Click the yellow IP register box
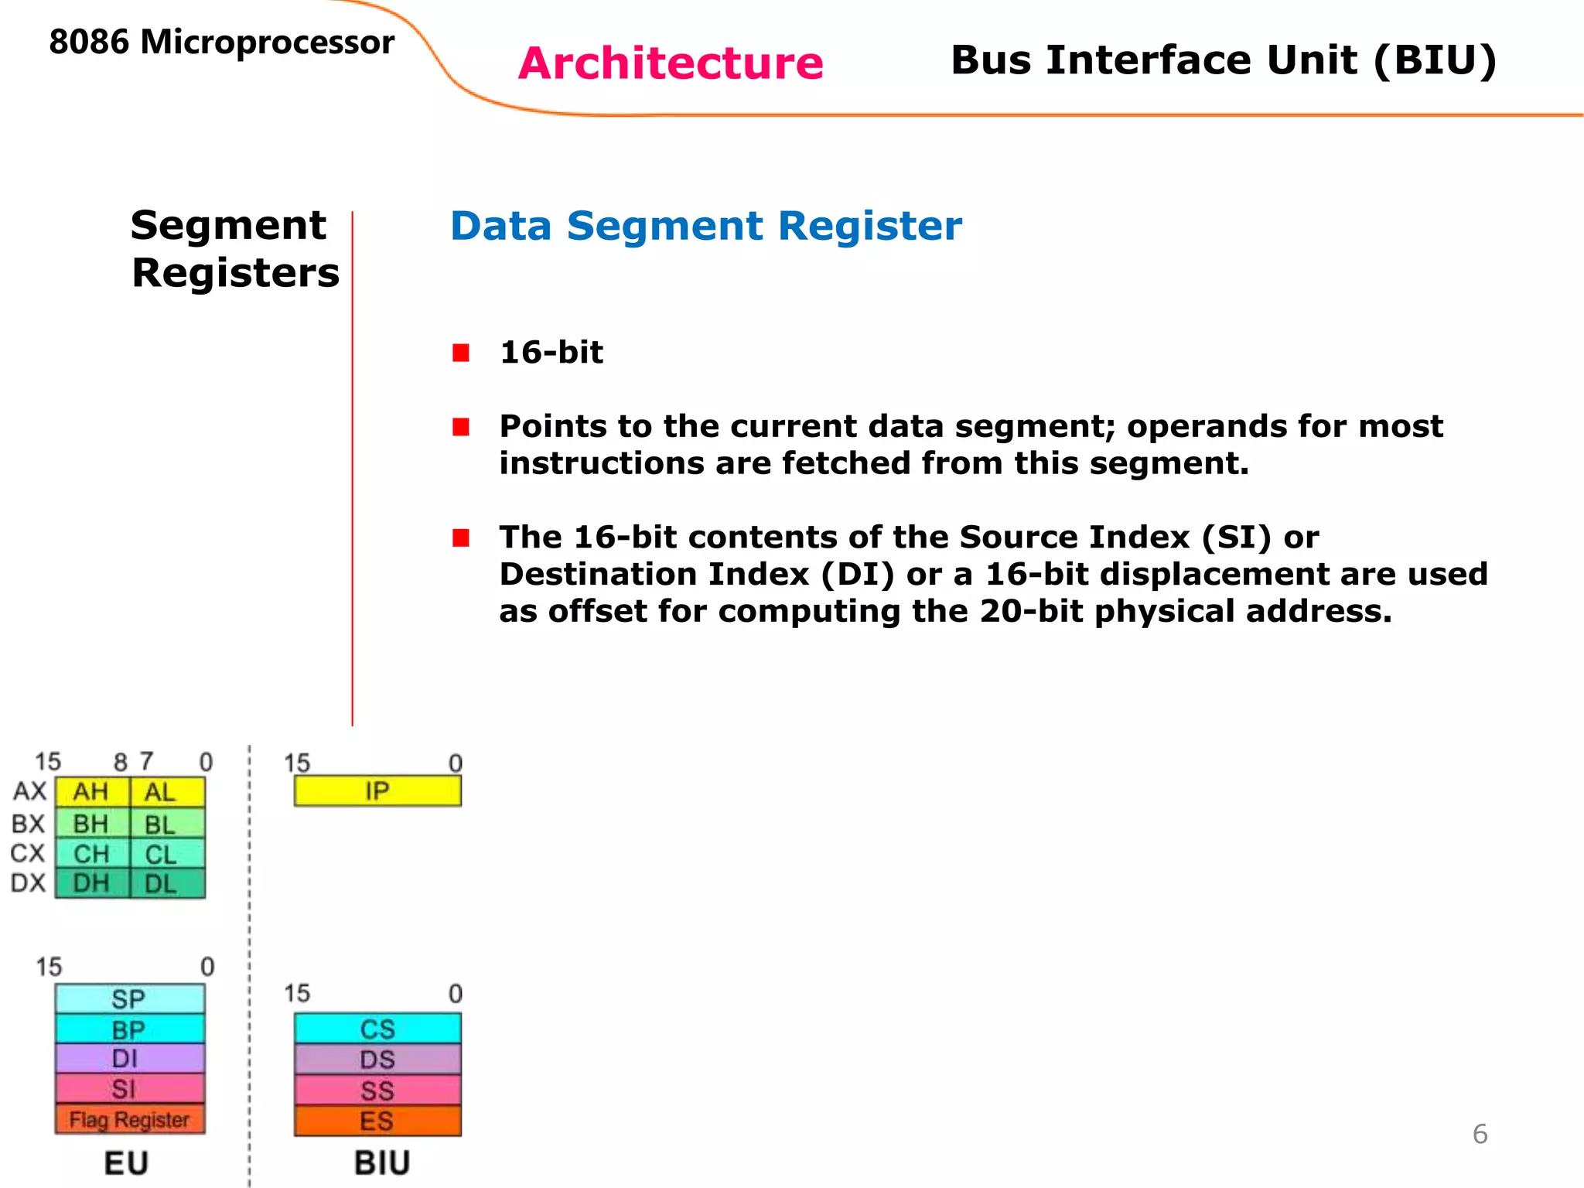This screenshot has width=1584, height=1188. pos(377,790)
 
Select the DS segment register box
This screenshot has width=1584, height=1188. pos(377,1059)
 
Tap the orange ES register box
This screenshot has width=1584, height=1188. pos(377,1121)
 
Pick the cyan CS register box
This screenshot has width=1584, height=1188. pos(377,1029)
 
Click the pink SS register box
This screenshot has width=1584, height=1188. pos(377,1091)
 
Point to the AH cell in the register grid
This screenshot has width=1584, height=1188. pos(91,792)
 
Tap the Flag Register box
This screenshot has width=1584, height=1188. pos(130,1119)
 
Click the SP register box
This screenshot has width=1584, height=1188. pos(129,999)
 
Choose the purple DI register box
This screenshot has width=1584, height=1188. pos(129,1058)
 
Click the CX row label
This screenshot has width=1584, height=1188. pos(28,853)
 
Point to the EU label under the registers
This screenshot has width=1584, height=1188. pos(126,1162)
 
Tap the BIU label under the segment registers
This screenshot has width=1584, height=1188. pos(382,1162)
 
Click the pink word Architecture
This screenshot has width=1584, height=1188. pos(671,63)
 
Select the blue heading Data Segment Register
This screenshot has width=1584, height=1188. pos(705,226)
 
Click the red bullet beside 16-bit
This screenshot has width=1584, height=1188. pos(461,353)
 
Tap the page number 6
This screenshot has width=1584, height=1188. pos(1480,1134)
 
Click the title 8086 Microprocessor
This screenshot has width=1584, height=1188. pos(222,42)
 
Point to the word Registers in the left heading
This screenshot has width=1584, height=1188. pos(235,273)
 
